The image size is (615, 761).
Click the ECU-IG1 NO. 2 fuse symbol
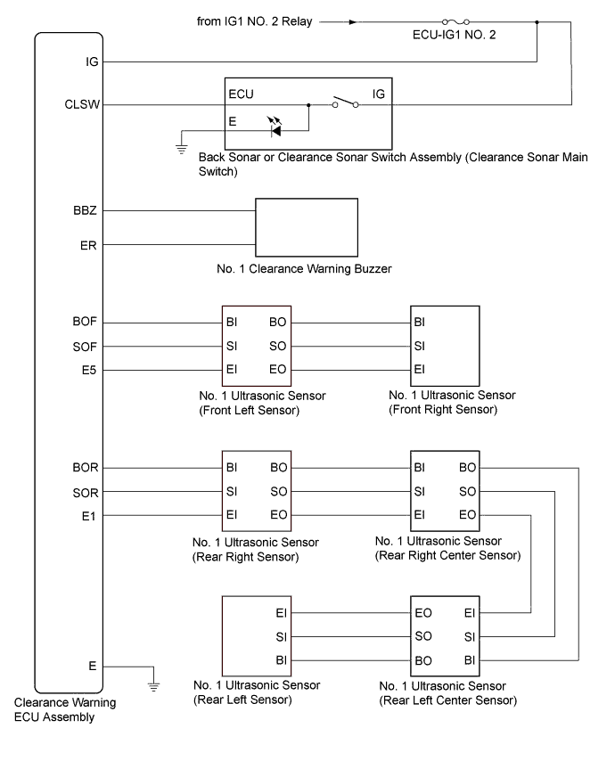(x=455, y=22)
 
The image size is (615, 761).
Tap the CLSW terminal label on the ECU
(x=89, y=104)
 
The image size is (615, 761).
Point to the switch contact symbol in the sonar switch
(x=345, y=104)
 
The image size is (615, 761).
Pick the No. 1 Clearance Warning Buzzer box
(x=307, y=227)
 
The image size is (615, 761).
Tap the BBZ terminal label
(x=88, y=211)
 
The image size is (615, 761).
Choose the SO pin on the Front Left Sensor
(x=277, y=346)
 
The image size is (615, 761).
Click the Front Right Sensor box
(x=444, y=346)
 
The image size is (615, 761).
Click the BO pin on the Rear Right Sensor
(x=277, y=467)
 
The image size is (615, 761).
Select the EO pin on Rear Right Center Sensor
(x=466, y=514)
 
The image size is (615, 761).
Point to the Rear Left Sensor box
(x=256, y=636)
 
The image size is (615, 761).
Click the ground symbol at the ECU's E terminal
(x=153, y=685)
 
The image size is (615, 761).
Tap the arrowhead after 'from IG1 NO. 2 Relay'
(x=354, y=22)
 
